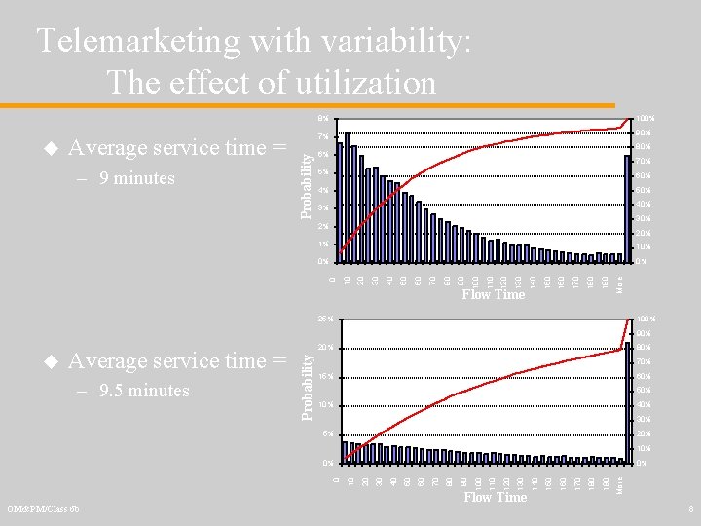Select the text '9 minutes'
click(x=136, y=178)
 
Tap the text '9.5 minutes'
click(x=144, y=391)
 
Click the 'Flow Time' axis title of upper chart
click(x=493, y=294)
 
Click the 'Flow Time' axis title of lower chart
click(x=495, y=497)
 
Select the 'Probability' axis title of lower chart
click(x=307, y=387)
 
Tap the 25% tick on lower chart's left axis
click(x=326, y=319)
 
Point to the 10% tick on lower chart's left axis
click(x=326, y=405)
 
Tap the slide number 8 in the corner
click(x=689, y=508)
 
